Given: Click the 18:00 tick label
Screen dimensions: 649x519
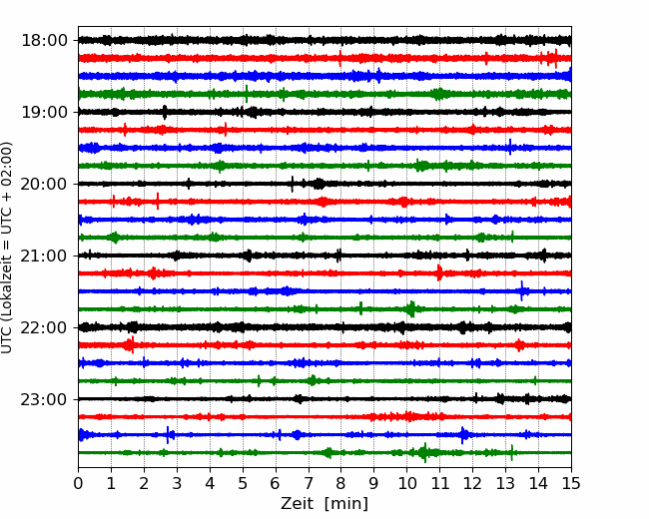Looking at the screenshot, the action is pyautogui.click(x=44, y=41).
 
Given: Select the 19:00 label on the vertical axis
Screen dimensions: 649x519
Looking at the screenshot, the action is pyautogui.click(x=44, y=112).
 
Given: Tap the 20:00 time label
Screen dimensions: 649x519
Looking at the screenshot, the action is pyautogui.click(x=44, y=184).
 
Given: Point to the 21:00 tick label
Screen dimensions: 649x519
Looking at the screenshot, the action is pyautogui.click(x=44, y=256).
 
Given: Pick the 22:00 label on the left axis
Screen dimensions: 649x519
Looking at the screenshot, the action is pyautogui.click(x=44, y=327).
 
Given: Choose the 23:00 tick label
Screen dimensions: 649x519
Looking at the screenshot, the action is pyautogui.click(x=44, y=399).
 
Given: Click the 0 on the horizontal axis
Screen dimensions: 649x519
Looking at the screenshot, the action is pyautogui.click(x=78, y=483).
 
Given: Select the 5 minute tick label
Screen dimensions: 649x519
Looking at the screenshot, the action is pyautogui.click(x=243, y=483).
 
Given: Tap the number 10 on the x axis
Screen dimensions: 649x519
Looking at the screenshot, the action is pyautogui.click(x=406, y=483).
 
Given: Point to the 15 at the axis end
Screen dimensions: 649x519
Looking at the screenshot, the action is pyautogui.click(x=571, y=483).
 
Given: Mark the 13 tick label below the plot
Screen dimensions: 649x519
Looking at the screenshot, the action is pyautogui.click(x=505, y=483).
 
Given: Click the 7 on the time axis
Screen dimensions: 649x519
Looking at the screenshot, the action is pyautogui.click(x=309, y=483).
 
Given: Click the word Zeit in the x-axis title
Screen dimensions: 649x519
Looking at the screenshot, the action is pyautogui.click(x=298, y=503).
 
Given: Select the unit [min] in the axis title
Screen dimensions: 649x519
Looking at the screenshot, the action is pyautogui.click(x=346, y=504).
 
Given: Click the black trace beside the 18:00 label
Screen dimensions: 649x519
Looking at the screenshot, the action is pyautogui.click(x=324, y=40).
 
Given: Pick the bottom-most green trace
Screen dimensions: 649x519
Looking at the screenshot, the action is pyautogui.click(x=324, y=453).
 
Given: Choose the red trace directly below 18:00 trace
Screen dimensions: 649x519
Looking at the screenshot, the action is pyautogui.click(x=324, y=58).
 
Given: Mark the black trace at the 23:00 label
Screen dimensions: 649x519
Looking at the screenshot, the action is pyautogui.click(x=324, y=399).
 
